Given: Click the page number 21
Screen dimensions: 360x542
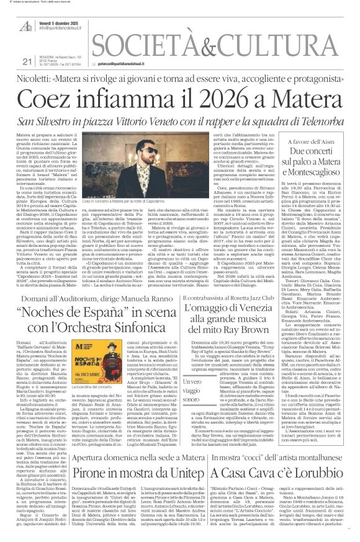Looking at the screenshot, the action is [25, 61].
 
